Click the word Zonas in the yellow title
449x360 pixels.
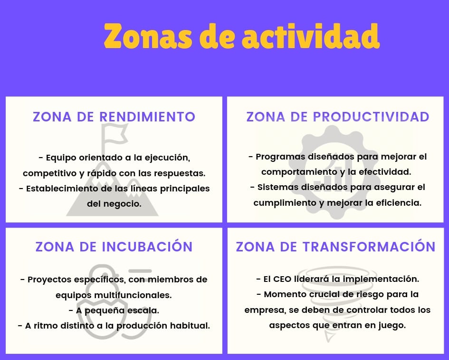click(148, 37)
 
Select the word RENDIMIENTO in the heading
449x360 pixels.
click(147, 117)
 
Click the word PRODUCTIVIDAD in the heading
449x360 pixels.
click(371, 117)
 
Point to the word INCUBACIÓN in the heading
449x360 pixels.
click(147, 246)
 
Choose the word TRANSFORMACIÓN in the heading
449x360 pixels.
click(369, 246)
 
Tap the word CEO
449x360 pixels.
click(282, 279)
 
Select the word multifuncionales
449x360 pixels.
click(133, 295)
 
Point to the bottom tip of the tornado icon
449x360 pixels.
click(328, 342)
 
